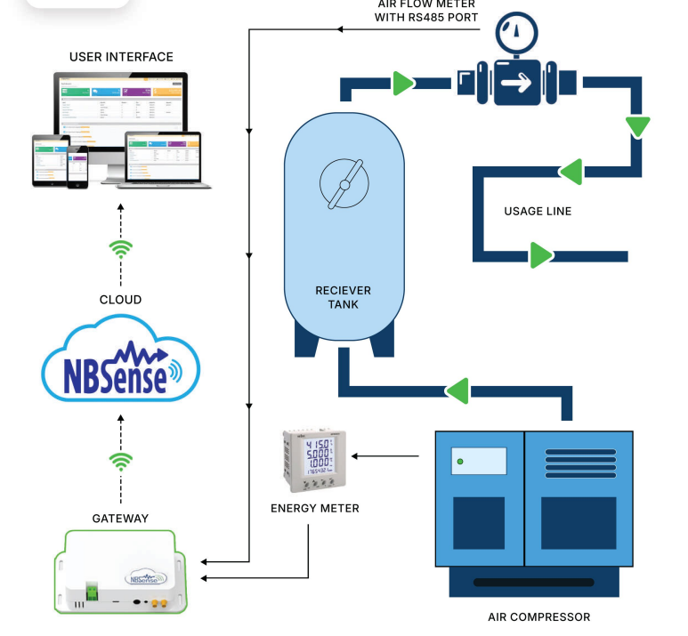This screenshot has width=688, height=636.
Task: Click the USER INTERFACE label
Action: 121,57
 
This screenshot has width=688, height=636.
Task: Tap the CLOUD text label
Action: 120,300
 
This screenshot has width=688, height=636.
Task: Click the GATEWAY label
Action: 120,518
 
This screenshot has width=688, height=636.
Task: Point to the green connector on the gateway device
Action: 91,589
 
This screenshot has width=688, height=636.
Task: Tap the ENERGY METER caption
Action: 315,509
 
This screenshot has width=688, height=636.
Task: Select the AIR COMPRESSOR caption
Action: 538,616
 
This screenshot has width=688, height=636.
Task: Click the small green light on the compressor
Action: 459,462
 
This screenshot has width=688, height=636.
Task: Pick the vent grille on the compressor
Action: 579,464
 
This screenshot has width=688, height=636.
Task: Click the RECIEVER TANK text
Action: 343,297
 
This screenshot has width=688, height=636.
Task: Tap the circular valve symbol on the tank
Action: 344,184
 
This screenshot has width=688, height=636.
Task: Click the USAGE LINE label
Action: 538,212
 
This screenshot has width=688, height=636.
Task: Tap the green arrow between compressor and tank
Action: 457,390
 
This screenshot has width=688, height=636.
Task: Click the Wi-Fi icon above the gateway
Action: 120,461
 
